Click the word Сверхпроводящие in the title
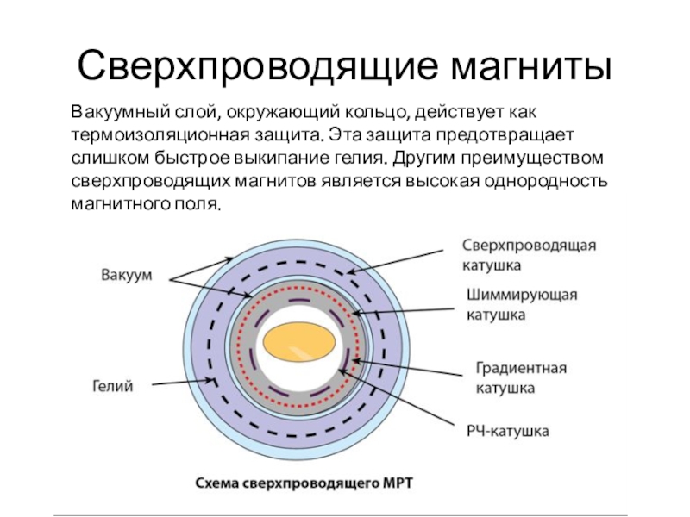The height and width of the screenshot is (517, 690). pyautogui.click(x=257, y=66)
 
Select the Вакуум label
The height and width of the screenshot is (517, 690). pyautogui.click(x=126, y=275)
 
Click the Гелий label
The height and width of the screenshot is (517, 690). pyautogui.click(x=113, y=386)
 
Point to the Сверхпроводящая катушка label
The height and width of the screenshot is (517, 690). pyautogui.click(x=529, y=255)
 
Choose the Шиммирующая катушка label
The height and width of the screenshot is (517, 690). pyautogui.click(x=522, y=304)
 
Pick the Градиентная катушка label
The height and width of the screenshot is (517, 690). pyautogui.click(x=521, y=378)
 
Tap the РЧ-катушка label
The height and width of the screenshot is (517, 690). pyautogui.click(x=507, y=431)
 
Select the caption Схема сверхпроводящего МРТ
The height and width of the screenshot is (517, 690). pyautogui.click(x=304, y=483)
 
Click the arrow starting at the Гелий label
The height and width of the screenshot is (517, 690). pyautogui.click(x=184, y=383)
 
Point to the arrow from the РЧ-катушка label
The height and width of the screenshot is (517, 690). pyautogui.click(x=396, y=397)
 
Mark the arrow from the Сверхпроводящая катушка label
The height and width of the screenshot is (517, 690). pyautogui.click(x=395, y=262)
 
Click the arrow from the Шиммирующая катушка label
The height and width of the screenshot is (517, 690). pyautogui.click(x=403, y=311)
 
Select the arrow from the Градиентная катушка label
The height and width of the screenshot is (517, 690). pyautogui.click(x=407, y=368)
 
